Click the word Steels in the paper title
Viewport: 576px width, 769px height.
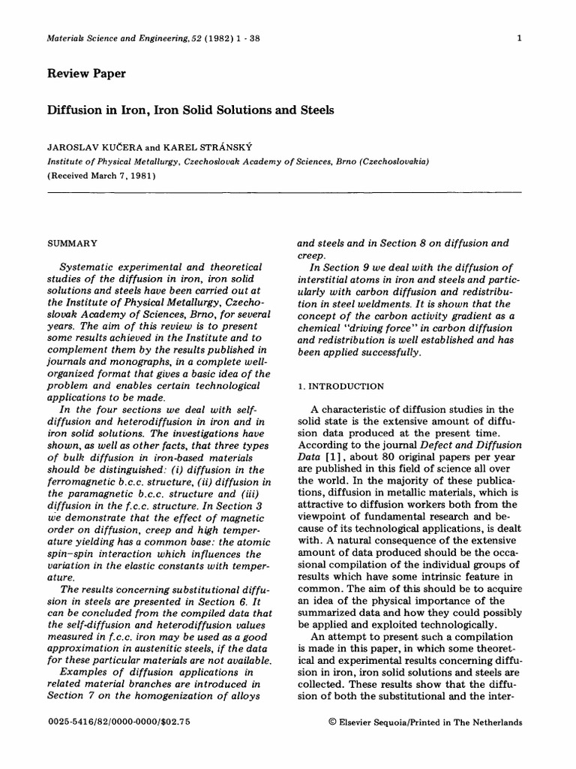click(314, 110)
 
